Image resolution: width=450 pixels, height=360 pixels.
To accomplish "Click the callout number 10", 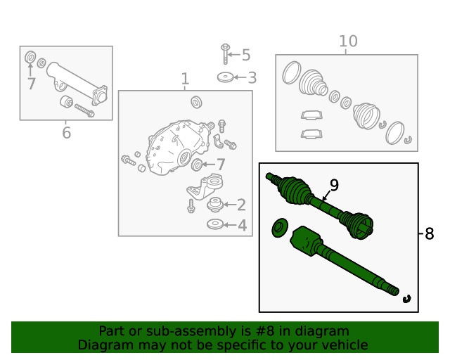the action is coord(348,41).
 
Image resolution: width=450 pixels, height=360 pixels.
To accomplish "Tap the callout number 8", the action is coord(429,233).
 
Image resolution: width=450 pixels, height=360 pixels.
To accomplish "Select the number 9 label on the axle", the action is coord(334,185).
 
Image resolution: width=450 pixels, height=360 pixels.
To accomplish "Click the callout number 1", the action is coord(185,79).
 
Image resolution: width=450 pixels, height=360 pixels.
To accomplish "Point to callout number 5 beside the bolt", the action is coord(246,55).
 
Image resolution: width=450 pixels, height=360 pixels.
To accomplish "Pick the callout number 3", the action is coord(252,77).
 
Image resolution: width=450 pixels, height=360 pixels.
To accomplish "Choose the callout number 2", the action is coord(241,205).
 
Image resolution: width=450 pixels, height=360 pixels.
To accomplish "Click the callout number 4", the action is coord(242,226).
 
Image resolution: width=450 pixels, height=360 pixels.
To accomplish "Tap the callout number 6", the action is coord(66,133).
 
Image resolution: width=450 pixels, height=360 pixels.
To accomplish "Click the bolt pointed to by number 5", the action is coord(225,53).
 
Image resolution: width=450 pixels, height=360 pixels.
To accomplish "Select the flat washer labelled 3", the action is coord(226,77).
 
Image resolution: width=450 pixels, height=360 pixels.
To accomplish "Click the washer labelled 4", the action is coord(215,224).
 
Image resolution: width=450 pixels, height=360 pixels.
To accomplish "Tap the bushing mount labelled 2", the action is coord(215,205).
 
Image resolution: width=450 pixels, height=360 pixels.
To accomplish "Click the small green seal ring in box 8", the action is coord(280,228).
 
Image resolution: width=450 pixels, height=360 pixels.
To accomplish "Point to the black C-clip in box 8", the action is coord(406,299).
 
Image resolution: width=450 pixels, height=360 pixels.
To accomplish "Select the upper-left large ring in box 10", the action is coord(292,72).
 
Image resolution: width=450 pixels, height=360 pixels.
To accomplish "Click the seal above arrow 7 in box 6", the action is coord(30,56).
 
